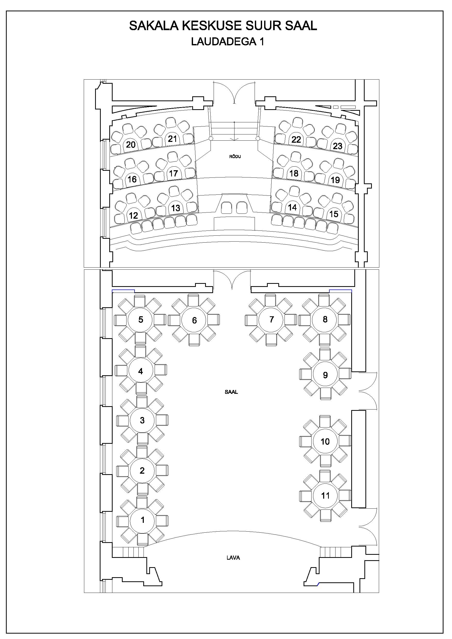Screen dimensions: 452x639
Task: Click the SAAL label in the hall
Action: pyautogui.click(x=231, y=392)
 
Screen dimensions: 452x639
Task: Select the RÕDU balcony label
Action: pyautogui.click(x=235, y=156)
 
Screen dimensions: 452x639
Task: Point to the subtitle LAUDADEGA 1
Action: pyautogui.click(x=228, y=41)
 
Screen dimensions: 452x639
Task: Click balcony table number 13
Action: pyautogui.click(x=175, y=208)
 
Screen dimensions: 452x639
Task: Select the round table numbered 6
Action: pyautogui.click(x=194, y=320)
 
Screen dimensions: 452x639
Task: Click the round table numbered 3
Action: pyautogui.click(x=142, y=420)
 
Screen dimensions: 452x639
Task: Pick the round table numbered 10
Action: pyautogui.click(x=325, y=441)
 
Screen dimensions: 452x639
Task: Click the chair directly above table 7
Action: pyautogui.click(x=270, y=300)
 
